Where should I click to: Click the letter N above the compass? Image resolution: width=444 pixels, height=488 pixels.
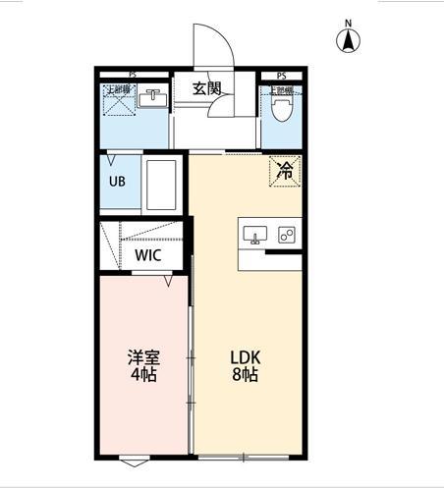click(x=348, y=23)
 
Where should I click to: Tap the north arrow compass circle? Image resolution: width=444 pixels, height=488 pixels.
click(x=348, y=41)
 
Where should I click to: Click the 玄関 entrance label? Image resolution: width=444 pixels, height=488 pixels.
click(x=206, y=88)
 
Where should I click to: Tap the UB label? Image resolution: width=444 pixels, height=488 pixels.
click(x=116, y=183)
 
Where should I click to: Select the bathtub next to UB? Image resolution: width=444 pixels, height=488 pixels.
click(x=162, y=185)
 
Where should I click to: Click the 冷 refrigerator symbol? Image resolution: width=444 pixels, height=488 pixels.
click(x=285, y=171)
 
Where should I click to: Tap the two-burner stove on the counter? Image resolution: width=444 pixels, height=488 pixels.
click(x=287, y=235)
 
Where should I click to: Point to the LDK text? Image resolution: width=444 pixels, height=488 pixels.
click(x=245, y=357)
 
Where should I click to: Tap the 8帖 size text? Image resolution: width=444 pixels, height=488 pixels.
click(x=245, y=375)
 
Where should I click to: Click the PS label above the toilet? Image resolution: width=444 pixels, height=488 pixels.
click(x=282, y=76)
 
